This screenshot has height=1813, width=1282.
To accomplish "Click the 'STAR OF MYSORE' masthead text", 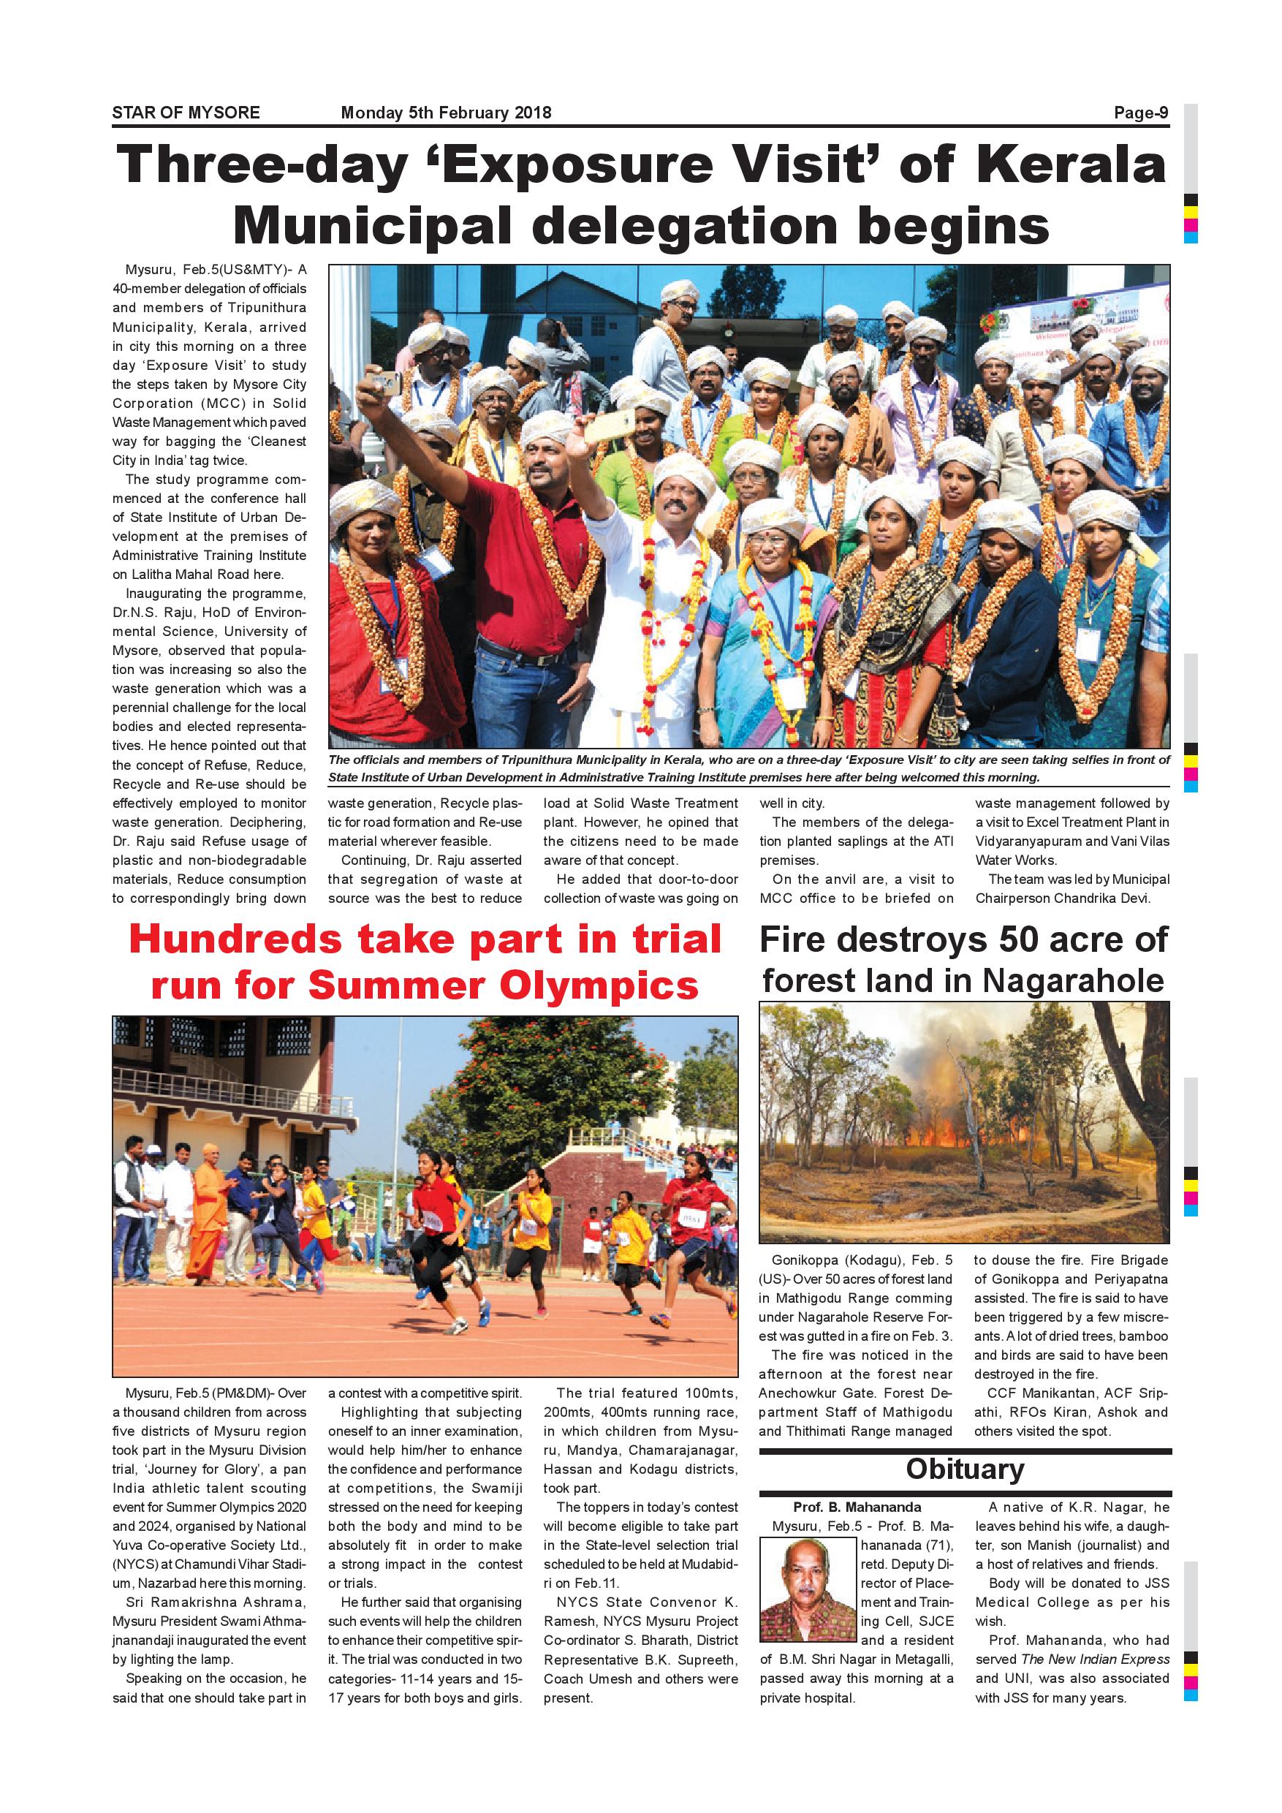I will point(186,113).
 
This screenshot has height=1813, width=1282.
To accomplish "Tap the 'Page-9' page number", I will point(1141,113).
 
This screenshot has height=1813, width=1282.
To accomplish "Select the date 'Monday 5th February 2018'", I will point(445,113).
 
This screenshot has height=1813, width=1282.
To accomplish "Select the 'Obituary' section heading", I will point(965,1469).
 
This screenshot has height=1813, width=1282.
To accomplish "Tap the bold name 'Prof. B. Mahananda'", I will point(857,1507).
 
